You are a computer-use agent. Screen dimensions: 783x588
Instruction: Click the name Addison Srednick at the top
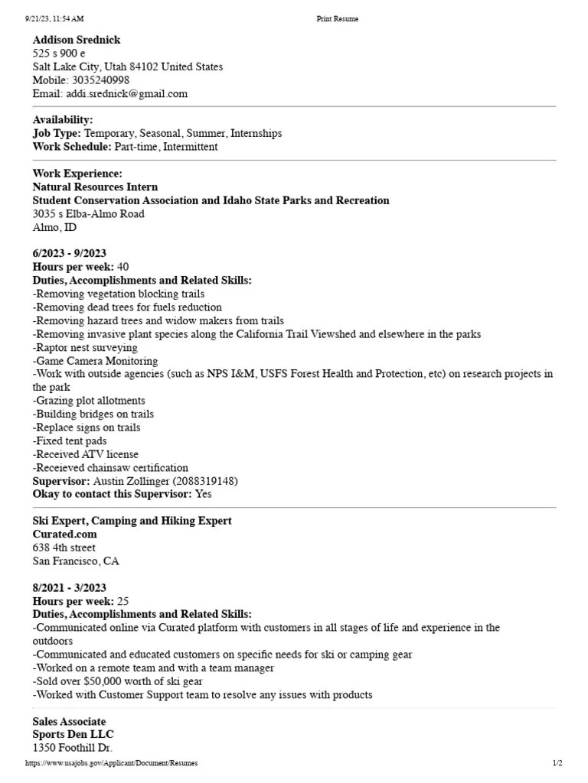pos(77,40)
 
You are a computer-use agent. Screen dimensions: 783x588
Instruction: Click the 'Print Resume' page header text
pos(337,19)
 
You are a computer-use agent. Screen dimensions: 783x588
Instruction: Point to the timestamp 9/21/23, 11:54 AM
pos(54,19)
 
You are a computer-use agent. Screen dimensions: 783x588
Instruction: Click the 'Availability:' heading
pos(63,120)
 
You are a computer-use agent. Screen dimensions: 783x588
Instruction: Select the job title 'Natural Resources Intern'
pos(95,187)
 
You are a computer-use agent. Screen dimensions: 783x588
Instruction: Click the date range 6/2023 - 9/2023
pos(69,253)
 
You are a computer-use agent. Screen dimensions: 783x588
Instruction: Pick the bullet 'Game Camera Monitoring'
pos(95,360)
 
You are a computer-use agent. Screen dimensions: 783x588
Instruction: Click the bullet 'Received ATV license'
pos(85,454)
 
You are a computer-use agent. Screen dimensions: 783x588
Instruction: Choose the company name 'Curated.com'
pos(64,534)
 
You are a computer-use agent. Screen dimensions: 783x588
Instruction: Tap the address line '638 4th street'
pos(64,547)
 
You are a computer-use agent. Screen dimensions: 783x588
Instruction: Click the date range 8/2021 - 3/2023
pos(69,587)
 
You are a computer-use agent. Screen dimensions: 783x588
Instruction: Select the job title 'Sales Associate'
pos(69,721)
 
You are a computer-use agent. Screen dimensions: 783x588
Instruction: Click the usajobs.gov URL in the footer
pos(111,763)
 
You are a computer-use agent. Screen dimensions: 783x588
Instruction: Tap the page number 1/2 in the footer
pos(557,763)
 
